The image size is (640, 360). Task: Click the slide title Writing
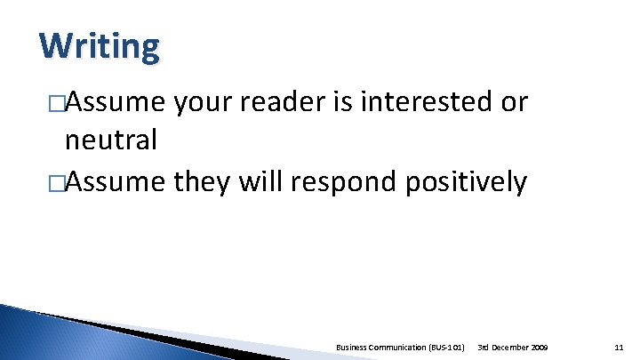coord(100,46)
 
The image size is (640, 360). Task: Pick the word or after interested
coord(516,104)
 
